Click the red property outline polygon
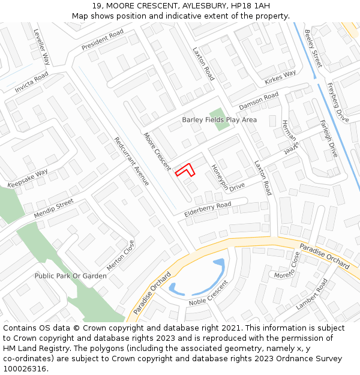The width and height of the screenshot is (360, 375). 185,170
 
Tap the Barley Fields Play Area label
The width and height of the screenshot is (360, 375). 219,120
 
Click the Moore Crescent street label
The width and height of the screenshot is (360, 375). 157,151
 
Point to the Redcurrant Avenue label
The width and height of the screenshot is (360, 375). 131,161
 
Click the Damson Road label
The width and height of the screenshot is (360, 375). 259,101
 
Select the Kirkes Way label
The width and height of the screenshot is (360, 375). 280,77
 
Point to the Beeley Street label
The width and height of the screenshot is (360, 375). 313,48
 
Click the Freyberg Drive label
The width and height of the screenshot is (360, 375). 337,103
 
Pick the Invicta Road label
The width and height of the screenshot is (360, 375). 32,82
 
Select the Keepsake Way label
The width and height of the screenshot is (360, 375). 28,178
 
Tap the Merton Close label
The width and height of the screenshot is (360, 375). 121,256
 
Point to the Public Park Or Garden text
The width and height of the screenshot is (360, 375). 70,276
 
